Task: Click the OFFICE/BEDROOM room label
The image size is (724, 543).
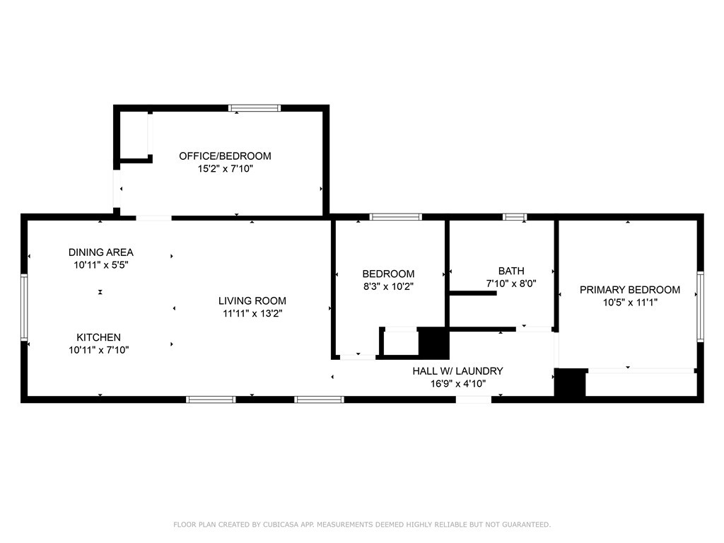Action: coord(225,156)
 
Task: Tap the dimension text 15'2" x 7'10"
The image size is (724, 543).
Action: coord(226,168)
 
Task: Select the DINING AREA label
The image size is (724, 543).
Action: coord(100,252)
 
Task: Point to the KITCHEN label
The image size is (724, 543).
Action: coord(99,337)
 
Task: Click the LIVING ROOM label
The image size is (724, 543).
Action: coord(252,300)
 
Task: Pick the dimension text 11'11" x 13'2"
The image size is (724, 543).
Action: coord(252,313)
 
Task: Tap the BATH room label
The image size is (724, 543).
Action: coord(511,271)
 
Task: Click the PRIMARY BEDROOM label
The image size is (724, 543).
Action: coord(630,289)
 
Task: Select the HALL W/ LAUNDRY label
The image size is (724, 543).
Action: coord(457,370)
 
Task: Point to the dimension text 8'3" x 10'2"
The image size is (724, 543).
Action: coord(388,286)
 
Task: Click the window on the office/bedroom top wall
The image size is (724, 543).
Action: coord(255,108)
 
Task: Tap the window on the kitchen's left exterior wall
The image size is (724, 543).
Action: coord(24,307)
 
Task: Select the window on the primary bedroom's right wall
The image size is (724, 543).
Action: coord(701,307)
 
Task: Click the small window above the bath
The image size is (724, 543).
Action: coord(515,216)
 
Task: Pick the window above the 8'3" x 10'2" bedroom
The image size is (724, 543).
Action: coord(396,216)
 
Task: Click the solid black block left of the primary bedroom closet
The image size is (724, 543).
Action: coord(570,383)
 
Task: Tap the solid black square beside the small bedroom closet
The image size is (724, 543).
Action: coord(433,341)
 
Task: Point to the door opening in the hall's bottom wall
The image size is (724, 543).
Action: coord(474,399)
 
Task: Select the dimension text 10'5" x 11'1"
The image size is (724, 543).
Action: coord(630,303)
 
